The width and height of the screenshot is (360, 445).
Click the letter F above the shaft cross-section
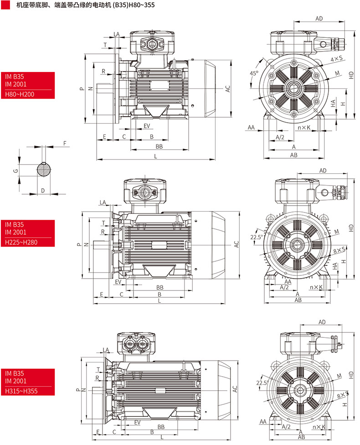point(65,143)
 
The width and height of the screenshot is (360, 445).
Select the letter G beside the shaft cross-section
point(15,171)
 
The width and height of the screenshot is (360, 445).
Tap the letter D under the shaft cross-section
point(43,190)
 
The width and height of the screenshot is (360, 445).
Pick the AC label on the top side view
point(227,89)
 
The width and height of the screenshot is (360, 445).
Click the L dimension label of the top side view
point(156,156)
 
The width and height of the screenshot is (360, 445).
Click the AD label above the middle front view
point(323,171)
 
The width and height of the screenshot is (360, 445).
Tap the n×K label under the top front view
point(303,128)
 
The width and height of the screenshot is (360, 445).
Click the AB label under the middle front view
point(298,300)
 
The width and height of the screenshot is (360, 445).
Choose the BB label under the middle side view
point(160,287)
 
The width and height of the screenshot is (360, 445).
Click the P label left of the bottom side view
point(78,390)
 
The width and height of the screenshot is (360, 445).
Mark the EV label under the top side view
point(147,125)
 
